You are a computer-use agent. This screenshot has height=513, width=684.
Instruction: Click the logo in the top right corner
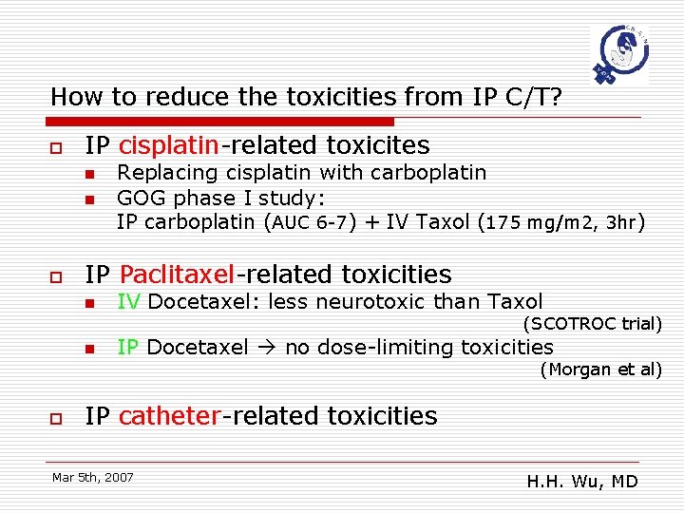point(619,54)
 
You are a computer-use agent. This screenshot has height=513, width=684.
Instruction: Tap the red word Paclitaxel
point(177,275)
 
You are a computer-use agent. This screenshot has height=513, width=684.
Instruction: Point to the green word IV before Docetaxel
point(129,302)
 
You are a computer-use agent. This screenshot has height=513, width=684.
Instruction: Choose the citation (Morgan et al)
point(600,370)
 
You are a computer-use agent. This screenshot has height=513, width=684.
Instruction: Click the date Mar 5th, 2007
point(93,477)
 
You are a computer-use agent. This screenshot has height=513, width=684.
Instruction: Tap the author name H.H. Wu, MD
point(582,482)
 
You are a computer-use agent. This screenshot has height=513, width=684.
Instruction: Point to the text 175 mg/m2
point(535,223)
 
